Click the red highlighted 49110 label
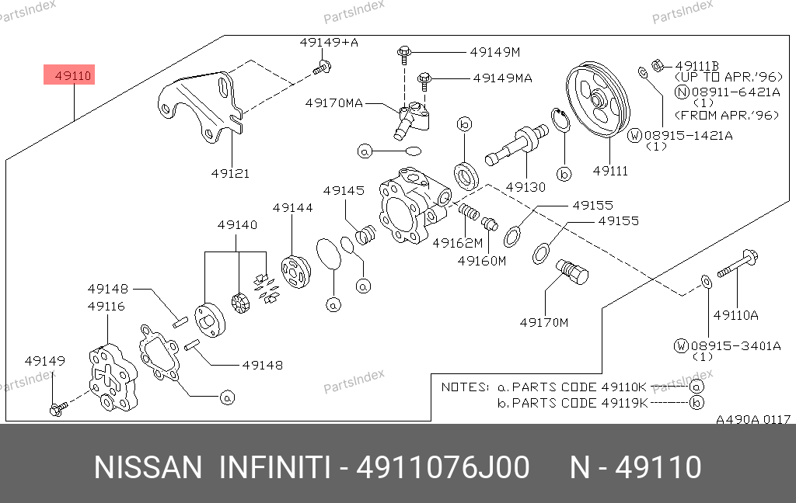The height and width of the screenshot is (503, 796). [73, 76]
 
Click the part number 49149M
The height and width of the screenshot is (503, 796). [494, 53]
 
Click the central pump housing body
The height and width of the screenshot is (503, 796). [410, 206]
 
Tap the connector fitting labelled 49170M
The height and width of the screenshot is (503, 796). [572, 272]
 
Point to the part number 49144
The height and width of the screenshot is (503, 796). [292, 208]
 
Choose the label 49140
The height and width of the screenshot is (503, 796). [237, 225]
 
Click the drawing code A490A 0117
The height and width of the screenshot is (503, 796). [753, 420]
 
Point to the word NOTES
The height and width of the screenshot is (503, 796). [465, 387]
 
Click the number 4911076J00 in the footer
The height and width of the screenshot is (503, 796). [442, 468]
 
